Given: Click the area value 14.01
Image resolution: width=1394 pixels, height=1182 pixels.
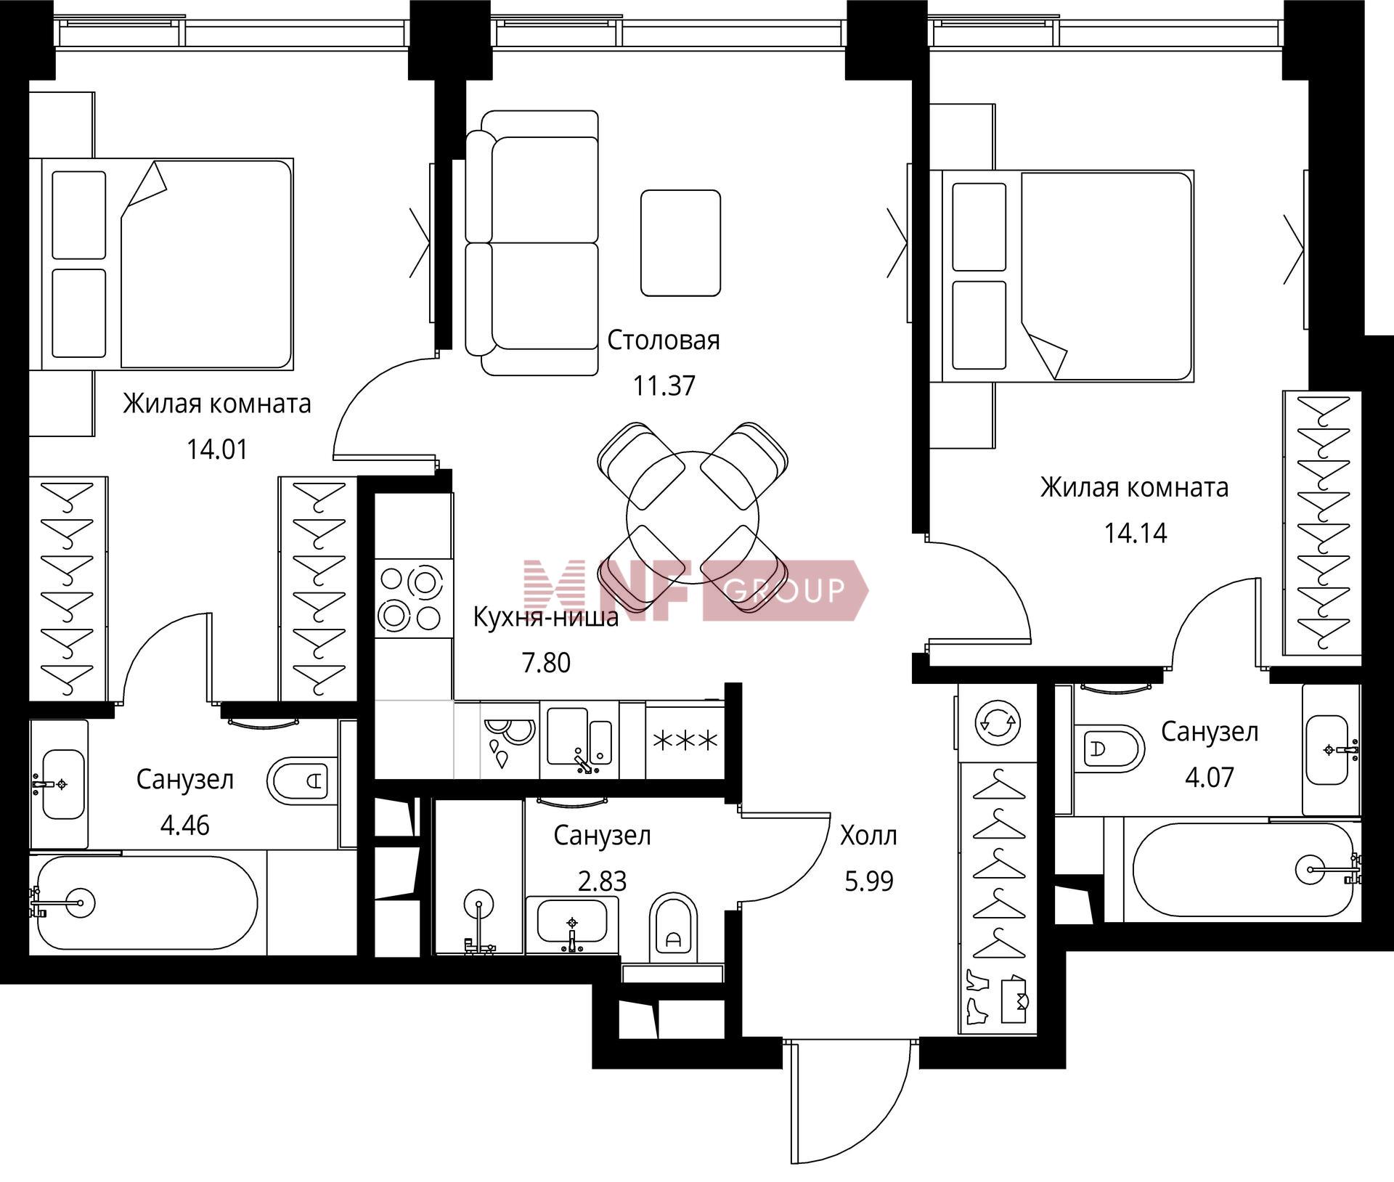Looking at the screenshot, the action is (217, 450).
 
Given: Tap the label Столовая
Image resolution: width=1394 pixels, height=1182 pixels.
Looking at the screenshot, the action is (663, 340).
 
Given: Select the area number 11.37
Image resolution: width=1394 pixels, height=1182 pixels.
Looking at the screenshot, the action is (664, 386).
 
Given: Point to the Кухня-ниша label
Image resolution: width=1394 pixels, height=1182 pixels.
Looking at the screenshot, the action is (546, 617).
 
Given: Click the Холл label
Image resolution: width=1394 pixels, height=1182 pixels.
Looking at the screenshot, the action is (868, 836).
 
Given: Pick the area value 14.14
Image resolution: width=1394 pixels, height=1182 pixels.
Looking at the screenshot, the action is (1135, 534).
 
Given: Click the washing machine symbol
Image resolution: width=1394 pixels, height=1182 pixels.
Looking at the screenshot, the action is (998, 723).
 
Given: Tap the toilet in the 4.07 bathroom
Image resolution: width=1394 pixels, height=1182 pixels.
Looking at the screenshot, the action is (1109, 749).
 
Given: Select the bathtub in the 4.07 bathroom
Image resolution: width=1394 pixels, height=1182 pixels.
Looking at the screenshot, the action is (1242, 872).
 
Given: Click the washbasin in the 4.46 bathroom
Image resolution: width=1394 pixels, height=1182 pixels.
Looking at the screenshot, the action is (62, 784).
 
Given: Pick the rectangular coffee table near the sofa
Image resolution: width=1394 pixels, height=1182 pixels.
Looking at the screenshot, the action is (680, 242).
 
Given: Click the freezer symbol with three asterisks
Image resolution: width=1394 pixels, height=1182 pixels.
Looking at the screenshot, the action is (685, 741).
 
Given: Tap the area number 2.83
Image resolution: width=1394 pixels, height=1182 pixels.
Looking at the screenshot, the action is (601, 881).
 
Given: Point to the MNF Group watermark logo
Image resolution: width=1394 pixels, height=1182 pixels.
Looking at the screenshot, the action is (696, 590).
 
